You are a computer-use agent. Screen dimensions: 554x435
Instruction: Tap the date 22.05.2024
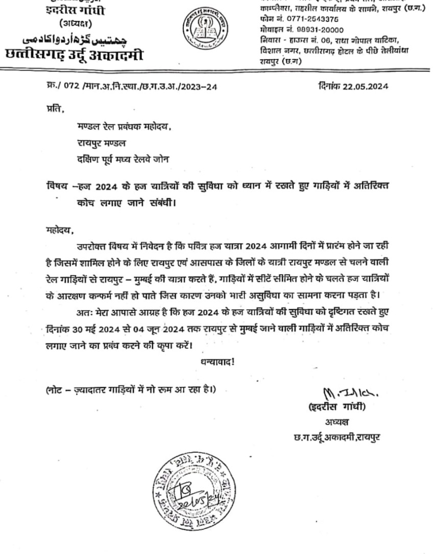click(x=366, y=86)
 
